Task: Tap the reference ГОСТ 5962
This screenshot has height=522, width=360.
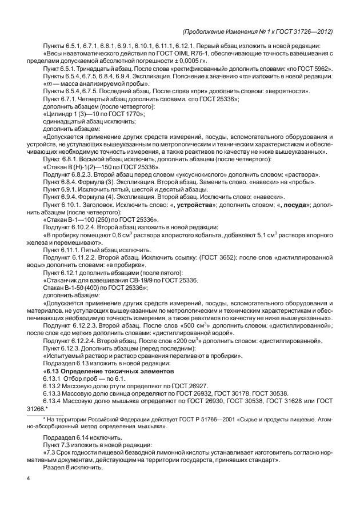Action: [318, 68]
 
